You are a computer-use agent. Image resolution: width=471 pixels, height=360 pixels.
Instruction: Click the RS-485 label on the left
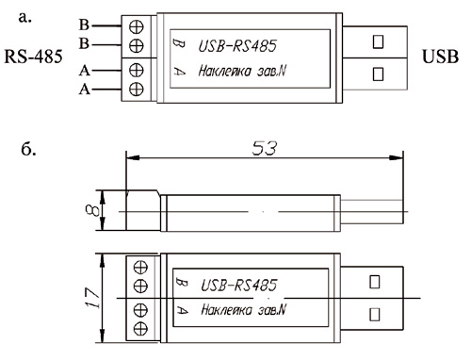point(33,57)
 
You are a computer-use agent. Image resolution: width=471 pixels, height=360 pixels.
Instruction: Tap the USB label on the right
point(440,57)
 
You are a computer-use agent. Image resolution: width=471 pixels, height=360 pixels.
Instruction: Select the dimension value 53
point(265,148)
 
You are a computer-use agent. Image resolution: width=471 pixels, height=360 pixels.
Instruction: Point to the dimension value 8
point(91,210)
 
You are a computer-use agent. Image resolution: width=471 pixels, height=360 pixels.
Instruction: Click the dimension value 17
point(92,298)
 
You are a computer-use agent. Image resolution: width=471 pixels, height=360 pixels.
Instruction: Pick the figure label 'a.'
point(25,18)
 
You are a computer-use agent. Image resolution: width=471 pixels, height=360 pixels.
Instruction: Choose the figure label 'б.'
point(28,149)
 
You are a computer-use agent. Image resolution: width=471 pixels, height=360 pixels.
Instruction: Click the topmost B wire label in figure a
point(84,25)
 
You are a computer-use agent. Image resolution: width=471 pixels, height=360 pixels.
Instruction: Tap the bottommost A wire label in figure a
point(85,90)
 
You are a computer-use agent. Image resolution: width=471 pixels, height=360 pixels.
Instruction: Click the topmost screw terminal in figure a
point(137,27)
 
